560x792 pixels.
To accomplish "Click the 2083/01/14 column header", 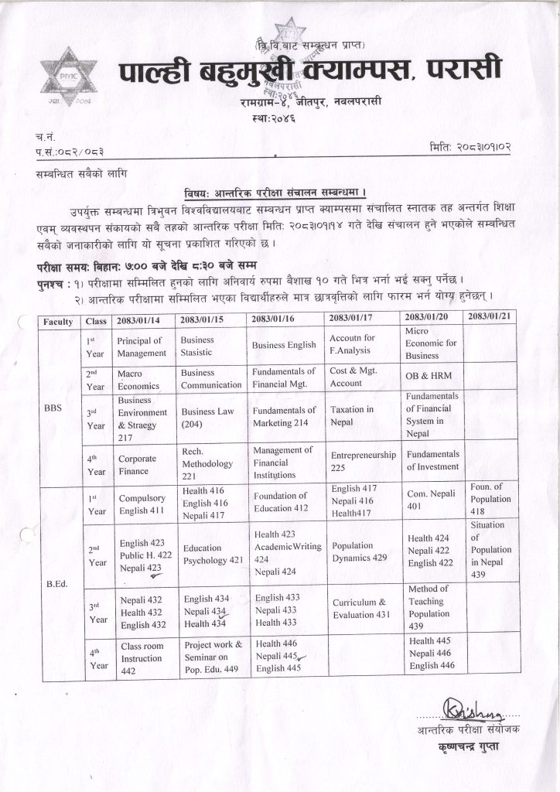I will coord(138,320).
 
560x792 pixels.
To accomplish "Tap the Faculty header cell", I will coord(59,321).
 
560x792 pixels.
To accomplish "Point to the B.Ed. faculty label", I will coord(58,584).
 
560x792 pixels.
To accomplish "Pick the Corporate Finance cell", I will coord(137,465).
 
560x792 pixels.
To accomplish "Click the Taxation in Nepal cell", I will coord(352,416).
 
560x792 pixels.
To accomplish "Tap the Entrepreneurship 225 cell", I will coord(363,462).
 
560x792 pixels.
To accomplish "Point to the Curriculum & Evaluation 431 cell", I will coord(360,608).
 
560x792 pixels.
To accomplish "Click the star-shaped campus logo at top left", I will coord(69,77).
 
